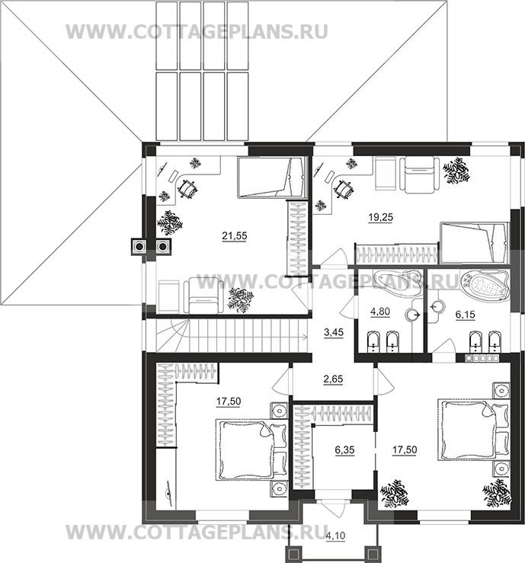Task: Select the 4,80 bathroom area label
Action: pyautogui.click(x=380, y=311)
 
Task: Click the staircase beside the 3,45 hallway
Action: pyautogui.click(x=229, y=332)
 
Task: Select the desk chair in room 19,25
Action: pyautogui.click(x=345, y=186)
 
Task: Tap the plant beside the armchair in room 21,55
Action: pyautogui.click(x=241, y=300)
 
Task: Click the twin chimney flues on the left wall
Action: pyautogui.click(x=151, y=246)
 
